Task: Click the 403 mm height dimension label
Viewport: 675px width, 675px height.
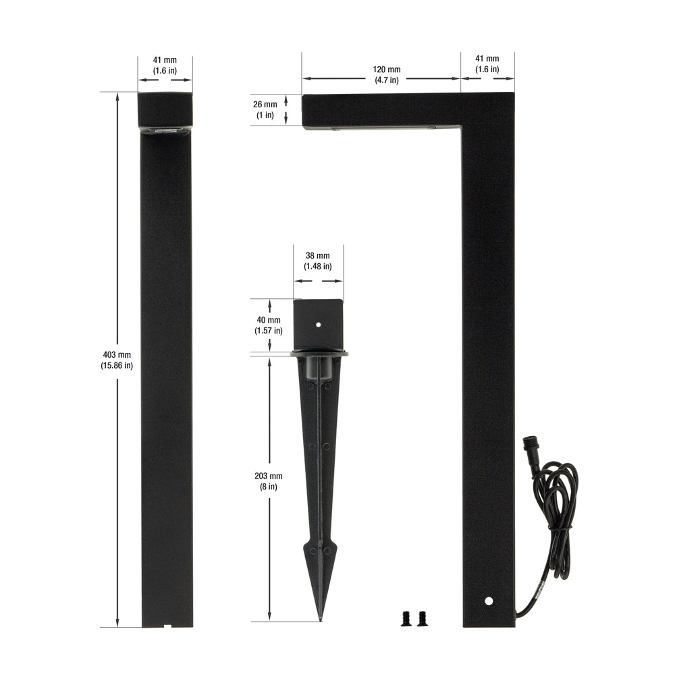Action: (117, 360)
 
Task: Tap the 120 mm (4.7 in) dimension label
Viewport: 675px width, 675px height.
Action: (387, 74)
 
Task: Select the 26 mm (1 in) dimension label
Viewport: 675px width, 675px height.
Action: (265, 110)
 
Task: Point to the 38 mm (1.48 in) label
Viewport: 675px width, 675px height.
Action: (318, 261)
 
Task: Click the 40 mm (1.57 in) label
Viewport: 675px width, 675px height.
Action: (269, 325)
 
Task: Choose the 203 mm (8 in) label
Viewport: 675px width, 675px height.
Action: (269, 481)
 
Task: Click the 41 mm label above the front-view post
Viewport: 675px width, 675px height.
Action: (165, 65)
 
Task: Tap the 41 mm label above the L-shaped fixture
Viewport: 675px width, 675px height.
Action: (487, 63)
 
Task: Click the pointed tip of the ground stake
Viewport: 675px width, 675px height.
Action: (320, 620)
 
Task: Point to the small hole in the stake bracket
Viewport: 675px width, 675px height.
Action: (319, 325)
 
